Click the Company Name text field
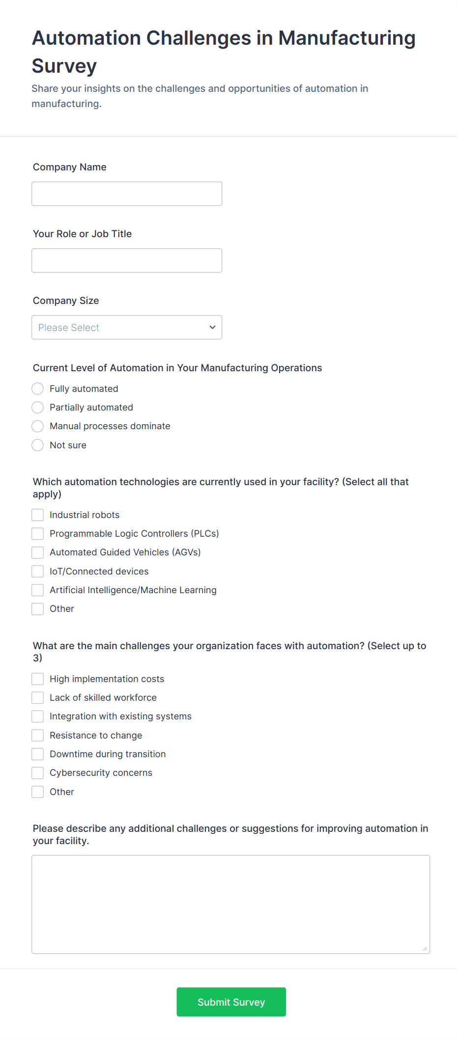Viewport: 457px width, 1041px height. point(127,194)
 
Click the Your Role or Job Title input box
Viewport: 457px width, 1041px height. point(127,261)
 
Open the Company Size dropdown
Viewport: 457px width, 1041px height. point(127,328)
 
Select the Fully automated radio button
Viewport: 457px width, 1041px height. point(38,389)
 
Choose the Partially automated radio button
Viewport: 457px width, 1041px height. point(38,408)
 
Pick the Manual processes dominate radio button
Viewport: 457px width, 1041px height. point(38,426)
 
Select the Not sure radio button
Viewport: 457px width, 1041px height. point(38,445)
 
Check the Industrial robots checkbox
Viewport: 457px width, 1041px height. point(38,515)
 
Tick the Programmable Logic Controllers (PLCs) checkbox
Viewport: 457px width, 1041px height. point(38,534)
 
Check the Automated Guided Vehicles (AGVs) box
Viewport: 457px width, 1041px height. point(38,552)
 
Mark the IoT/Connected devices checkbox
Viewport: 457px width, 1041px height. point(38,572)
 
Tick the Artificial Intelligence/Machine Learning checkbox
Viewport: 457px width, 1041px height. point(38,590)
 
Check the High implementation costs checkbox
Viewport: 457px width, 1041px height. point(38,679)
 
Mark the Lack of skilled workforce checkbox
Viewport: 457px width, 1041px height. point(38,698)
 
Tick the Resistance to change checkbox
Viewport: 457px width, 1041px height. point(38,736)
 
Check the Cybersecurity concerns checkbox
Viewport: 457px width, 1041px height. point(38,773)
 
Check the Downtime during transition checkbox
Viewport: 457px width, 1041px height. point(38,754)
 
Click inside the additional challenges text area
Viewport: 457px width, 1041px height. point(230,904)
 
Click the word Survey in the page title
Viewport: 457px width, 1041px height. point(64,66)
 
